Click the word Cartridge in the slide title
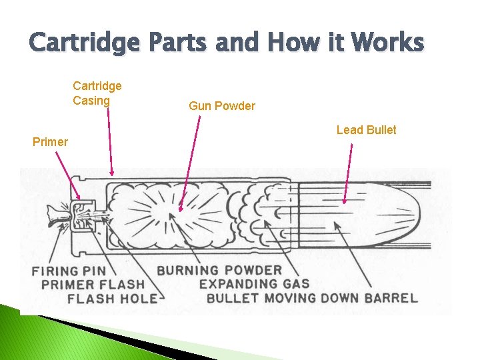84,43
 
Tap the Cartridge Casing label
97,93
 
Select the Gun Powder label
221,106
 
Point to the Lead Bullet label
366,130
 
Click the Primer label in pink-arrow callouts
50,141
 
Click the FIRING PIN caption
73,271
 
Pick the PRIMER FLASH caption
101,285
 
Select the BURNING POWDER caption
219,271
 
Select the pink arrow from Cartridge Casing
109,140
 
